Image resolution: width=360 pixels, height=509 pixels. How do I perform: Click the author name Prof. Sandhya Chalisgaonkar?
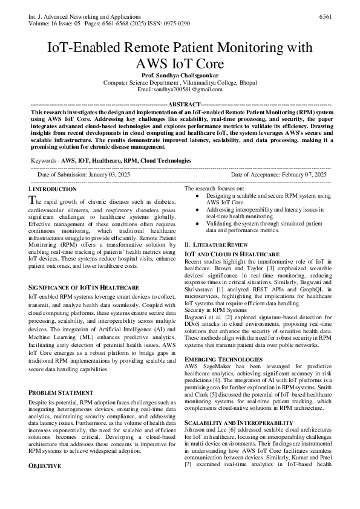[180, 75]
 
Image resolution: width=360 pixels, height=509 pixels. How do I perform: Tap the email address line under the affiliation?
[180, 89]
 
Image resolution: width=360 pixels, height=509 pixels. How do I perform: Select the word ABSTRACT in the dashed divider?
[180, 104]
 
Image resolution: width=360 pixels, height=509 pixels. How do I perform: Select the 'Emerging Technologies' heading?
[223, 359]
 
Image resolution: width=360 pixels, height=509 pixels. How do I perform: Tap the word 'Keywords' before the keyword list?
[44, 161]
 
